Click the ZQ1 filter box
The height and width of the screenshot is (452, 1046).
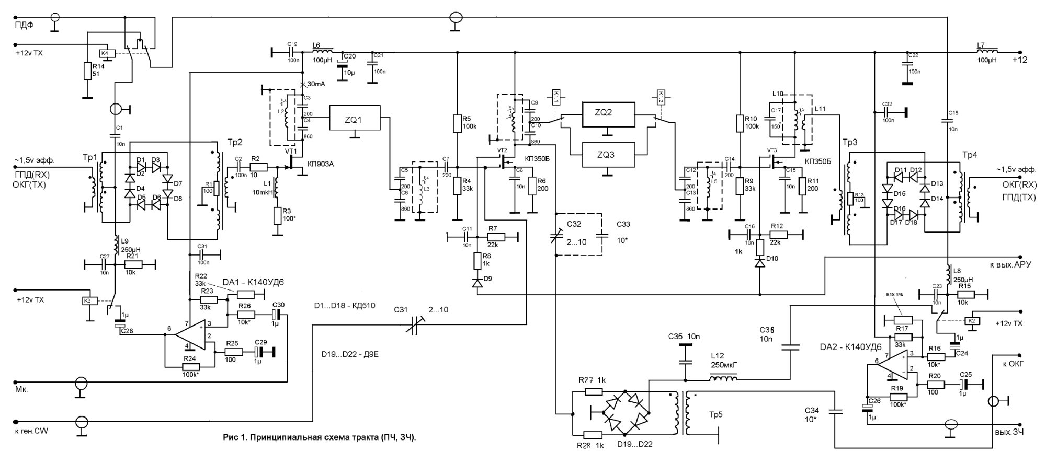(355, 119)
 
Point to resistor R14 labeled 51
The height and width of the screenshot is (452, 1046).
(87, 71)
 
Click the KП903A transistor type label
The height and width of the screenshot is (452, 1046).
(321, 164)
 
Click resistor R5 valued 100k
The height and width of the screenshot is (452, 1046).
(458, 123)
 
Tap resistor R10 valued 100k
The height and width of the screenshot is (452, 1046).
(740, 123)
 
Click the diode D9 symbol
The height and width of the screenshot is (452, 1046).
(477, 283)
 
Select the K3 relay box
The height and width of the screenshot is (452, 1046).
(88, 300)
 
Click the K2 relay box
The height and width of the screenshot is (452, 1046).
(971, 321)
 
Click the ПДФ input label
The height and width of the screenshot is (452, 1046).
(24, 24)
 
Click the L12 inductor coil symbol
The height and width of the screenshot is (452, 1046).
(724, 378)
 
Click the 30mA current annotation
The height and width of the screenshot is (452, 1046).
(316, 84)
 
